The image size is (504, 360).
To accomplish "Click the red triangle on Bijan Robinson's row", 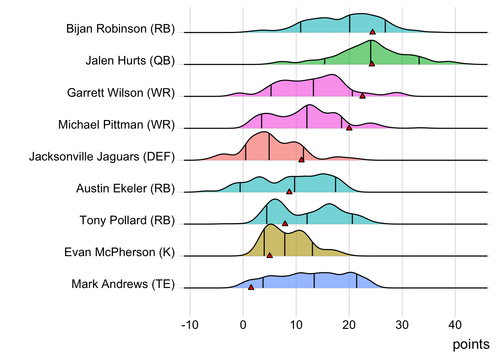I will pos(372,32).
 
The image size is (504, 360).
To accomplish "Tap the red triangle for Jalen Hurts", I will pos(372,64).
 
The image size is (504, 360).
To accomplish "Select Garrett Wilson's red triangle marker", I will pos(362,96).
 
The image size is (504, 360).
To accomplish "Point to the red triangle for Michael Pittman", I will pos(349,128).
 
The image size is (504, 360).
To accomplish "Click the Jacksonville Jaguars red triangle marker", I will pos(301,160).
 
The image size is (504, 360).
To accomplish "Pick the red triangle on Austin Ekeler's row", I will pos(289,192).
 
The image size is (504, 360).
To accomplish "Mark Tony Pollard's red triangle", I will pos(285,223).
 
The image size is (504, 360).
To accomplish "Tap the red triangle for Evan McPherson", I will pos(270,255).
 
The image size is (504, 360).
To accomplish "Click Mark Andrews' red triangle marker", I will pos(251,287).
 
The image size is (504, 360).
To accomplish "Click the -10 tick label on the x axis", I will pos(190,325).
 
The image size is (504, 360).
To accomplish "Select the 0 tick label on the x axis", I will pos(243,325).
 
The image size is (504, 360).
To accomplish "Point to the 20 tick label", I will pos(349,325).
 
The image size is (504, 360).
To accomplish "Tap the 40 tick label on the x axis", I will pos(455,325).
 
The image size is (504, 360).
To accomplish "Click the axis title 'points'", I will pos(471,344).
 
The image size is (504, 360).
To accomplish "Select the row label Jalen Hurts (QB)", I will pos(130,60).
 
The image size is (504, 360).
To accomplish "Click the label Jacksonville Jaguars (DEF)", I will pos(102,156).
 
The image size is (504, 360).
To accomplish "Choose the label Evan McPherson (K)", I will pos(120,252).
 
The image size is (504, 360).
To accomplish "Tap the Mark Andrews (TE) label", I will pos(123,284).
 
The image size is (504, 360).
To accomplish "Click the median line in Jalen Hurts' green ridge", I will pos(370,52).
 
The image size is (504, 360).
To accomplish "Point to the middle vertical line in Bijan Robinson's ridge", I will pos(349,24).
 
